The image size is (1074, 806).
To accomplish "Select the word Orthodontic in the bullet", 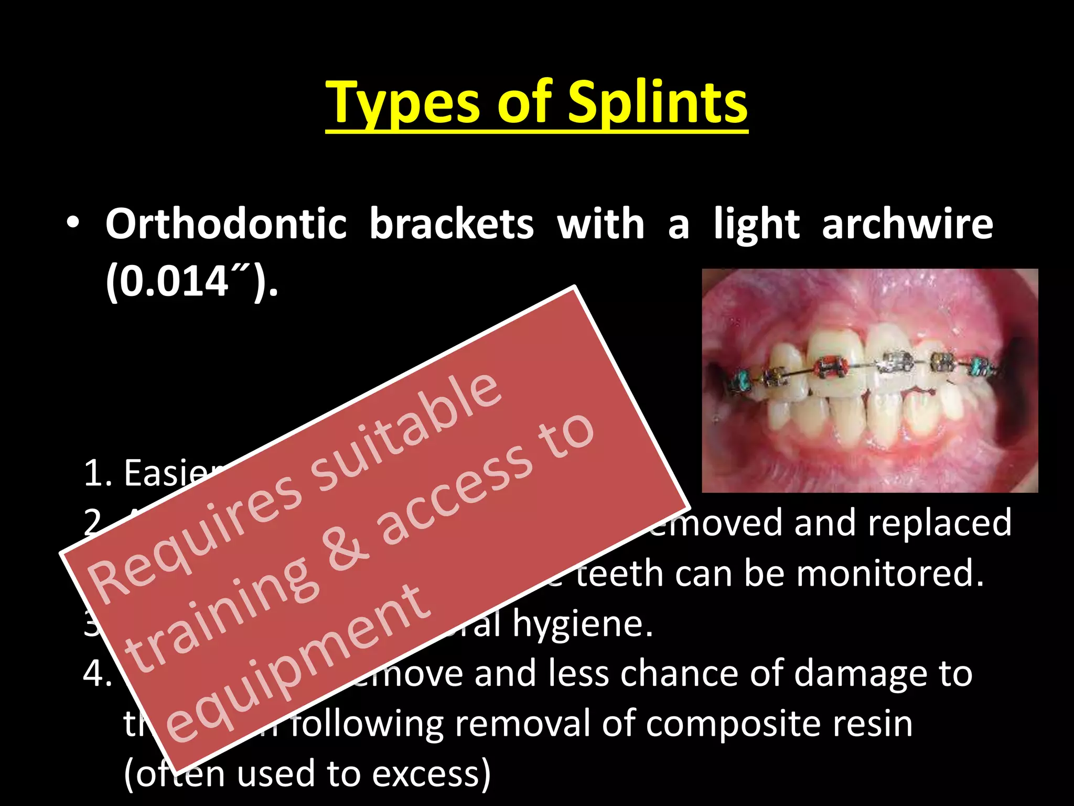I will click(x=226, y=224).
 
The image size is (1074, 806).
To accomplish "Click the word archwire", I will click(x=907, y=224).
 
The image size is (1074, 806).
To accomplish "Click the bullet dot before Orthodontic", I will click(x=73, y=223).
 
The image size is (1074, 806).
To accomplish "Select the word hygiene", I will click(x=582, y=623).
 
